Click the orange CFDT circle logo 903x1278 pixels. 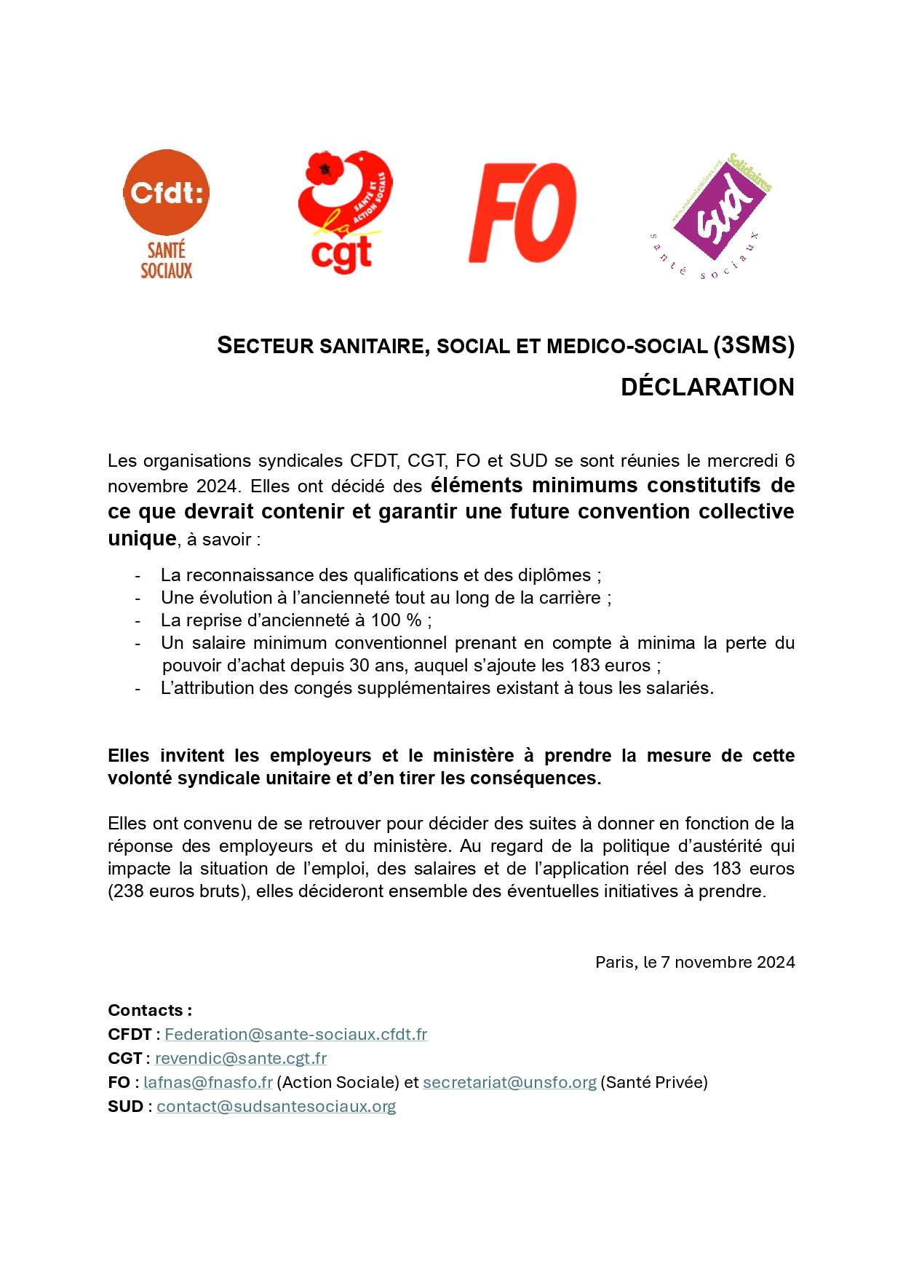click(x=166, y=192)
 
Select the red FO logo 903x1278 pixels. click(x=522, y=213)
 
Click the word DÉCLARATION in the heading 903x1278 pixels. click(x=707, y=387)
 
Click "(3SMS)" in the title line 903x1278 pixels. click(x=754, y=345)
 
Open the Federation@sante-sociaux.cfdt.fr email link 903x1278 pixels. click(x=295, y=1034)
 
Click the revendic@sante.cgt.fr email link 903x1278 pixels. click(x=240, y=1058)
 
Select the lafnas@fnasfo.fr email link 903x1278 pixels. click(x=208, y=1082)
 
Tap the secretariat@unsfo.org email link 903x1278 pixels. click(x=509, y=1082)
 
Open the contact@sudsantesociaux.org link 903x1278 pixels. click(x=276, y=1106)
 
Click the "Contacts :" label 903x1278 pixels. click(x=150, y=1010)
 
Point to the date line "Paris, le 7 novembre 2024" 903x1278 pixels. click(x=695, y=962)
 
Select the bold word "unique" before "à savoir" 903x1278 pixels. click(x=142, y=538)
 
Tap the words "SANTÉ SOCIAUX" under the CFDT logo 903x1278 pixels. click(x=167, y=261)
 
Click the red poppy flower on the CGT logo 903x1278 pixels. click(x=325, y=169)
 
